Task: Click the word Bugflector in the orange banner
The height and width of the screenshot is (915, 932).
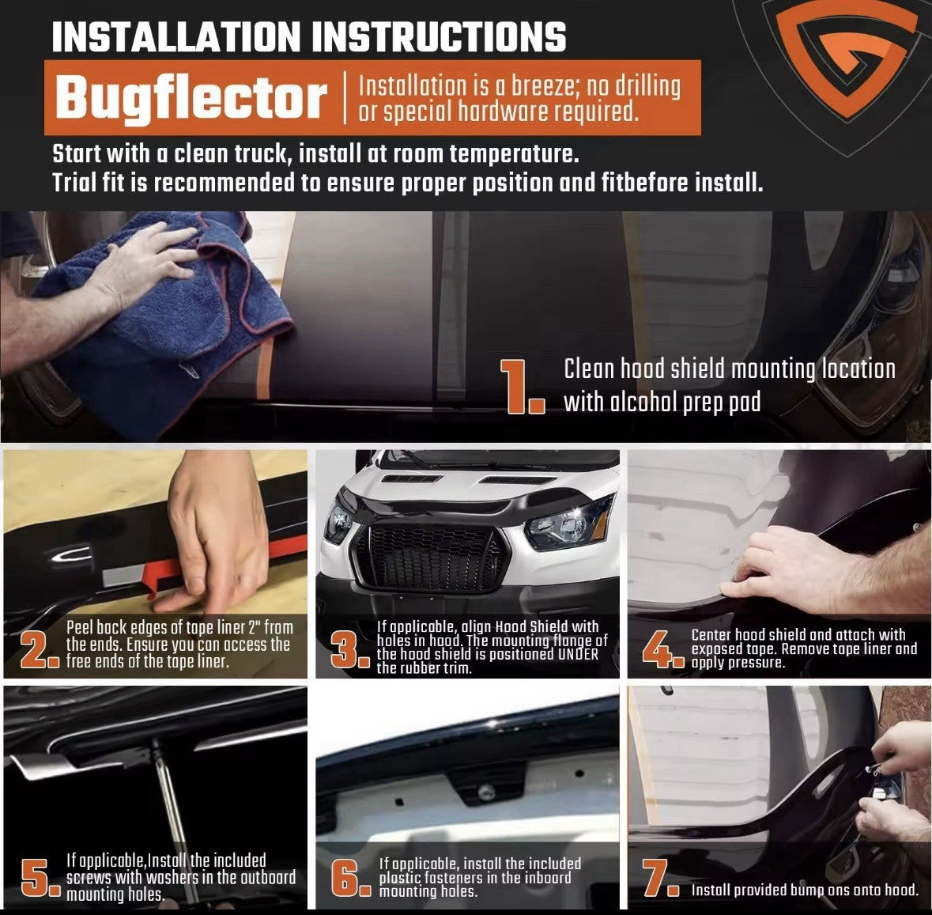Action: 191,98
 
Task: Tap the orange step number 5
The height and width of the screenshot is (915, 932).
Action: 40,878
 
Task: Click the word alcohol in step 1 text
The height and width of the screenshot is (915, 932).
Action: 649,402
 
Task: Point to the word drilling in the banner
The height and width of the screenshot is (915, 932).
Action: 647,86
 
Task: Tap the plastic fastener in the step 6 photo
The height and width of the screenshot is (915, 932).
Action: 487,792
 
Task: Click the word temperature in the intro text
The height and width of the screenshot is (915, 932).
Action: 514,154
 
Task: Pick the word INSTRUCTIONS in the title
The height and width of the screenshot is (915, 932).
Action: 440,37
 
